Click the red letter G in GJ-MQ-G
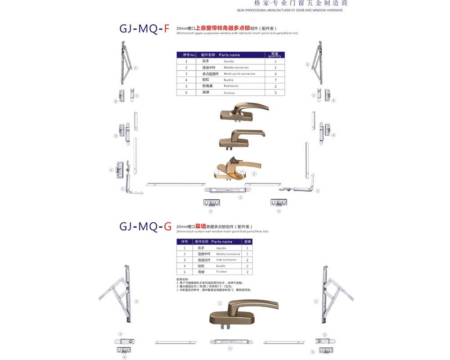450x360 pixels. point(167,226)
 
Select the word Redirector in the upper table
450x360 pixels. point(231,86)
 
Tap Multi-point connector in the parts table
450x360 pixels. point(239,74)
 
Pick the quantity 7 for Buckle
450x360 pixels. point(275,80)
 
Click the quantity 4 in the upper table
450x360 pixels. point(275,74)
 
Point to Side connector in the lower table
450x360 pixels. point(226,260)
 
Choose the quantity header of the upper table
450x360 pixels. point(274,55)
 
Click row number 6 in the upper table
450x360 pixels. point(186,92)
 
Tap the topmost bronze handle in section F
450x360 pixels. point(243,111)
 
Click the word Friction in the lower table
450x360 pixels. point(221,272)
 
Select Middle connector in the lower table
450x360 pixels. point(228,254)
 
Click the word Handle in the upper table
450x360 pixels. point(229,61)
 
